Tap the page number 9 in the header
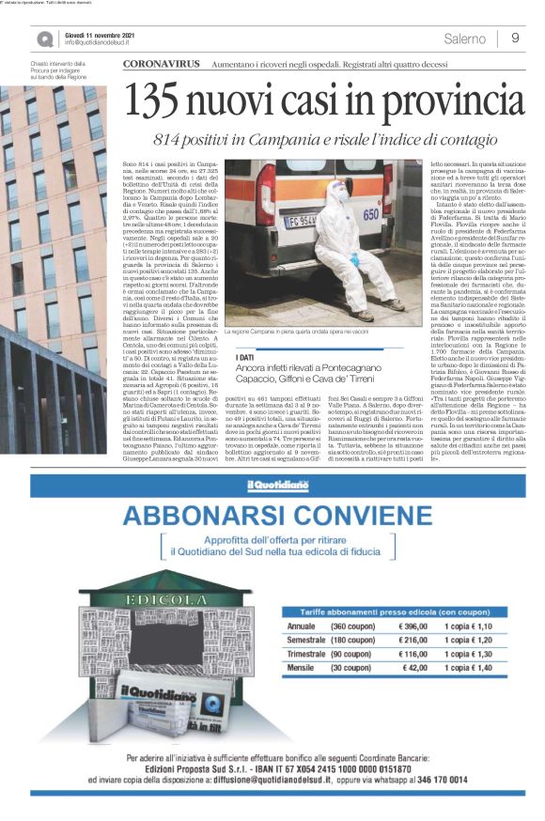pos(516,39)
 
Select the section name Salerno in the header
pos(465,39)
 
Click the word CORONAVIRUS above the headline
pos(163,63)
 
